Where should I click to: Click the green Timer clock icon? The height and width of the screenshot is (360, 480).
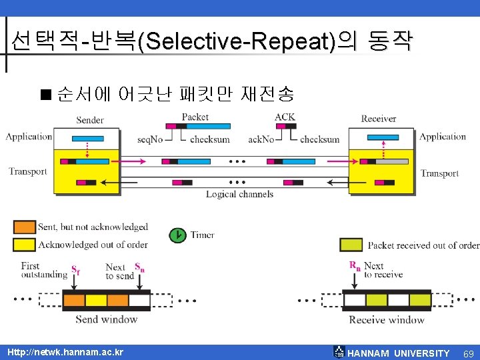click(x=177, y=235)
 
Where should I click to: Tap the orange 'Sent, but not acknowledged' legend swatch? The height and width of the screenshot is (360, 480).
click(x=25, y=227)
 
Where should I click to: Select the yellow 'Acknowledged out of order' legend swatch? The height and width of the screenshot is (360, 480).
click(x=25, y=245)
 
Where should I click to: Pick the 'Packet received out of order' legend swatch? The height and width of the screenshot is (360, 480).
click(x=351, y=245)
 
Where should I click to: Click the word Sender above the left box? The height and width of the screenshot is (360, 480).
click(x=90, y=120)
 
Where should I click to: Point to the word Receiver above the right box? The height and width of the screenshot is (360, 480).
click(x=379, y=119)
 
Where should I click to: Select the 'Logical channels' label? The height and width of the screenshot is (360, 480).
click(x=239, y=194)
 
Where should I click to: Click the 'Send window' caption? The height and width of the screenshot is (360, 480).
click(x=106, y=319)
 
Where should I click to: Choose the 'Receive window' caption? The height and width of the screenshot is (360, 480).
click(x=387, y=320)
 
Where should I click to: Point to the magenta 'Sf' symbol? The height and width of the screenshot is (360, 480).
click(x=75, y=271)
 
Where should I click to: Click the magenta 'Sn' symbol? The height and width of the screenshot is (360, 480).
click(x=140, y=267)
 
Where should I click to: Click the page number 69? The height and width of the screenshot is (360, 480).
click(x=468, y=353)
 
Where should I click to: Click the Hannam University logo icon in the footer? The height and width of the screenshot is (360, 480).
click(x=339, y=352)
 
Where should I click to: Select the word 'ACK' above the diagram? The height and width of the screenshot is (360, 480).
click(x=285, y=117)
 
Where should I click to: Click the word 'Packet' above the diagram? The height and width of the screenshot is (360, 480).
click(x=195, y=117)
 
